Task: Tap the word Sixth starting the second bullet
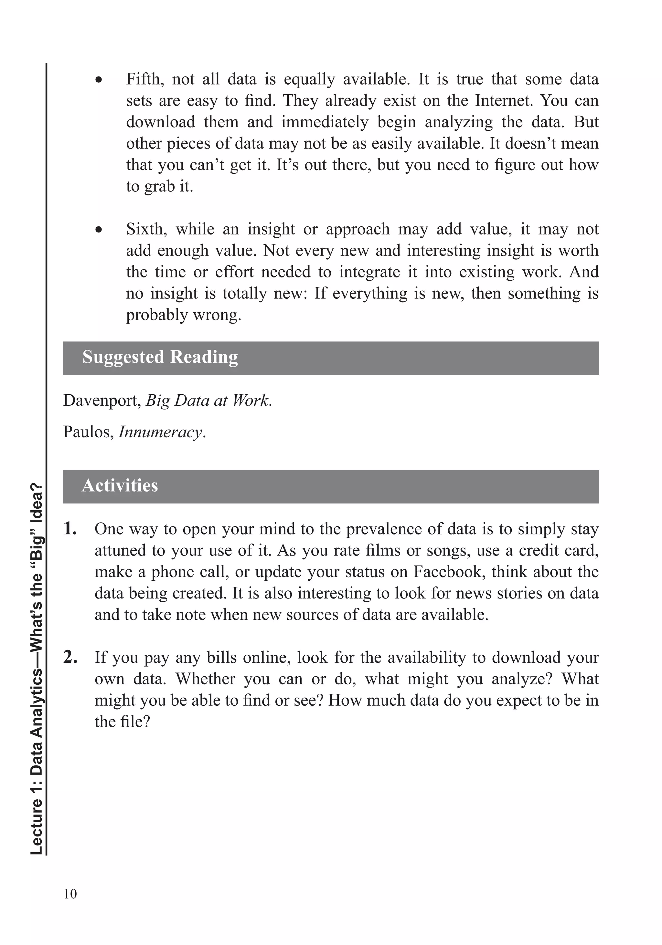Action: tap(146, 229)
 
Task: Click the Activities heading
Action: tap(120, 485)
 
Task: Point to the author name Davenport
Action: tap(102, 400)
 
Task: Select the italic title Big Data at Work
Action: tap(208, 400)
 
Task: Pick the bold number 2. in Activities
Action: tap(70, 657)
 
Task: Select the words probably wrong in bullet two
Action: tap(183, 315)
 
